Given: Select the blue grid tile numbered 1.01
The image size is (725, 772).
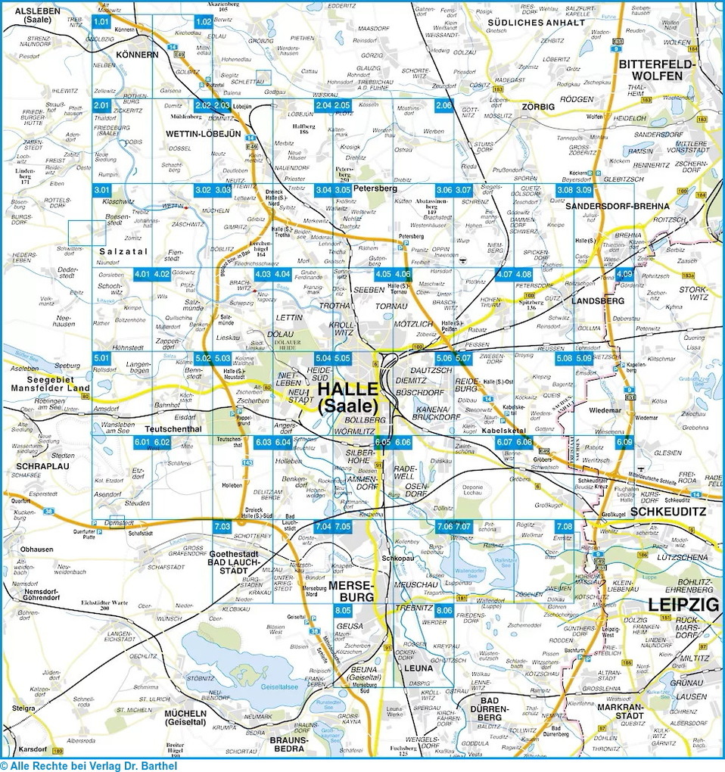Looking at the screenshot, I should point(101,22).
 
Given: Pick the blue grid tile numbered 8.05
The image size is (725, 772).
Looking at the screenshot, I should point(343,610).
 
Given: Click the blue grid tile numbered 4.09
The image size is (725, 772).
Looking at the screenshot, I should point(624,274).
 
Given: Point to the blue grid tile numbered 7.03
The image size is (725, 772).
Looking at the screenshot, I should point(221,526).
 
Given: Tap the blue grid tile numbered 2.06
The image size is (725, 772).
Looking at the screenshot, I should point(443,105).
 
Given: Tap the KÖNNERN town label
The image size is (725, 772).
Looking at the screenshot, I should point(137,55).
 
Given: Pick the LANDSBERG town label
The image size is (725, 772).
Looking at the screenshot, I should point(598,300).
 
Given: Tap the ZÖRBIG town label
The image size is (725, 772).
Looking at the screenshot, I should point(538,107).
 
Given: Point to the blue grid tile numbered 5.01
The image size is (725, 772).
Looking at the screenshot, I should point(101,357).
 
